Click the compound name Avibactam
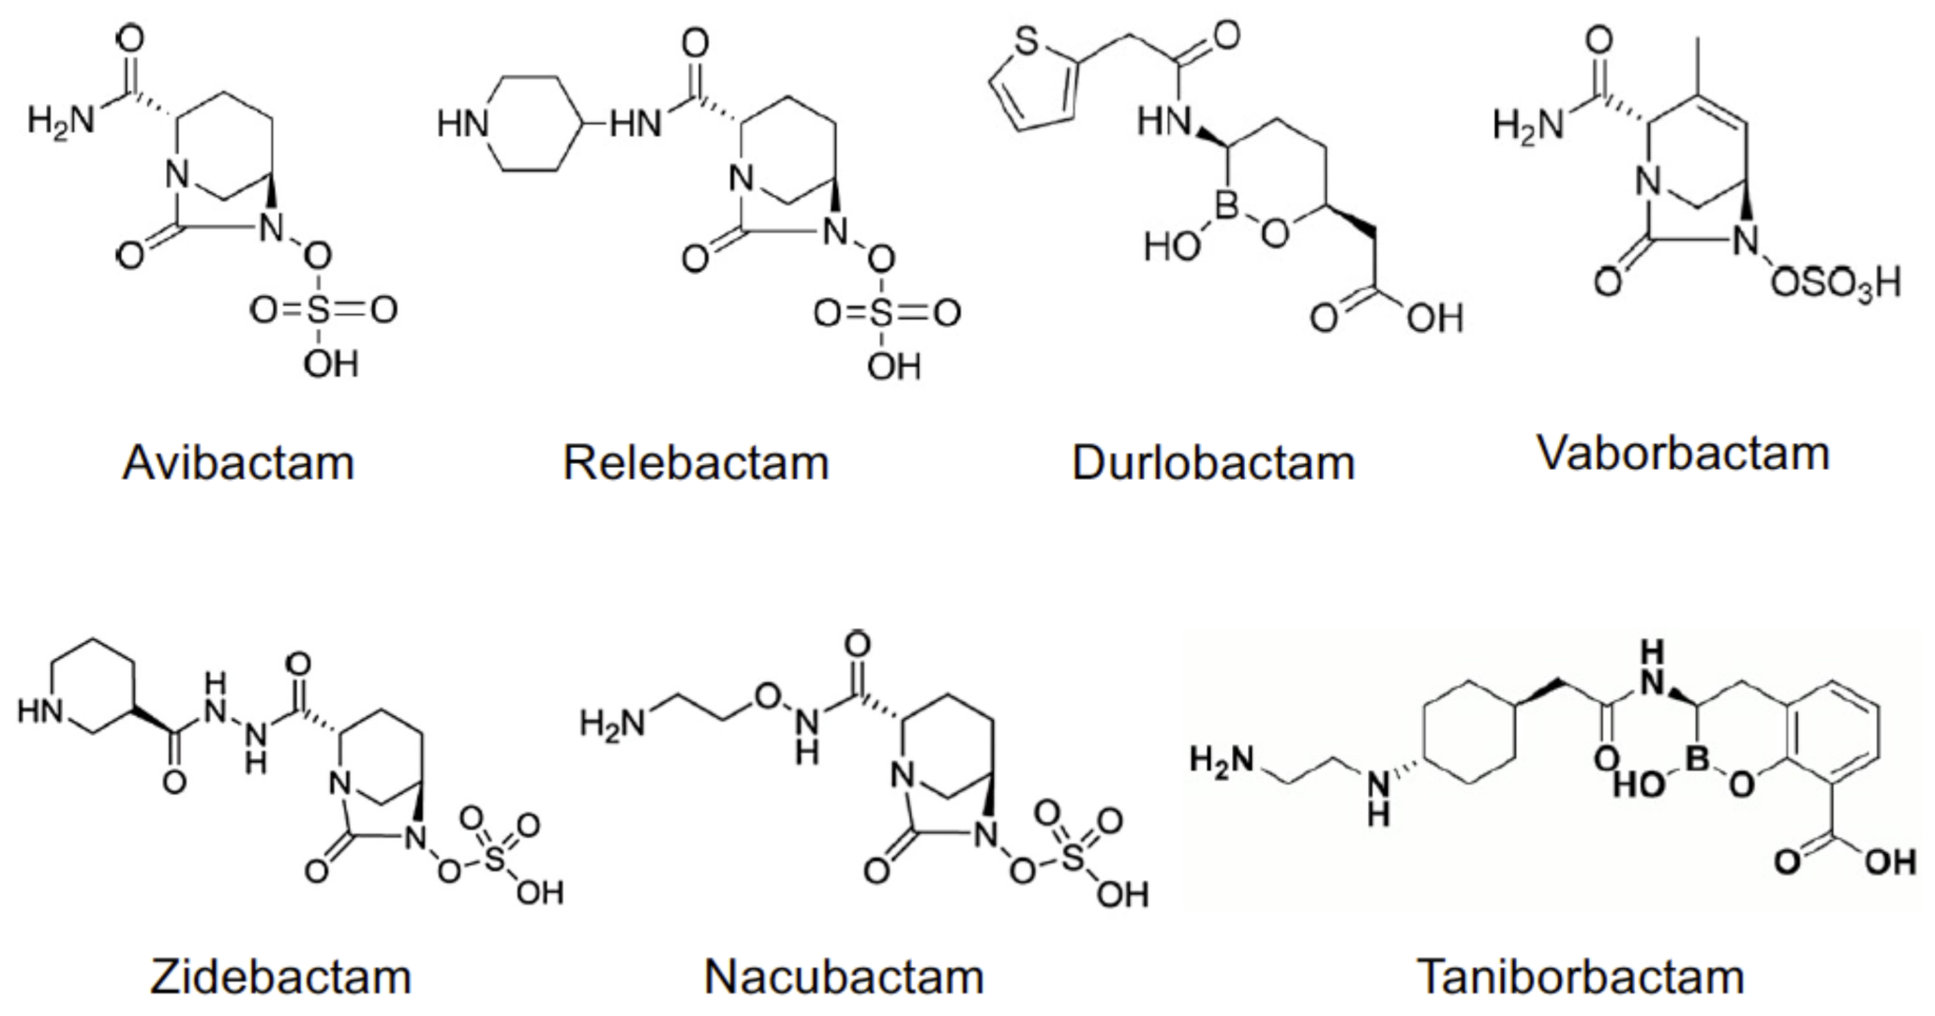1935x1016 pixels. point(238,463)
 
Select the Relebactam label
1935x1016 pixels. point(696,463)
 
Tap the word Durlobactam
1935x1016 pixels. point(1213,463)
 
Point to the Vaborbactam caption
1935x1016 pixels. point(1684,454)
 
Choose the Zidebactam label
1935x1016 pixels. point(281,977)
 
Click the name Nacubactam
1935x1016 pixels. point(844,977)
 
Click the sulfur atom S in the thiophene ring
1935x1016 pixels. point(1027,41)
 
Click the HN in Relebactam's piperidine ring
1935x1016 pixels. point(463,124)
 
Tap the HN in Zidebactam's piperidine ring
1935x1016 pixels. point(39,712)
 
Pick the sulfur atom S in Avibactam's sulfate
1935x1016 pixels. point(318,309)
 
